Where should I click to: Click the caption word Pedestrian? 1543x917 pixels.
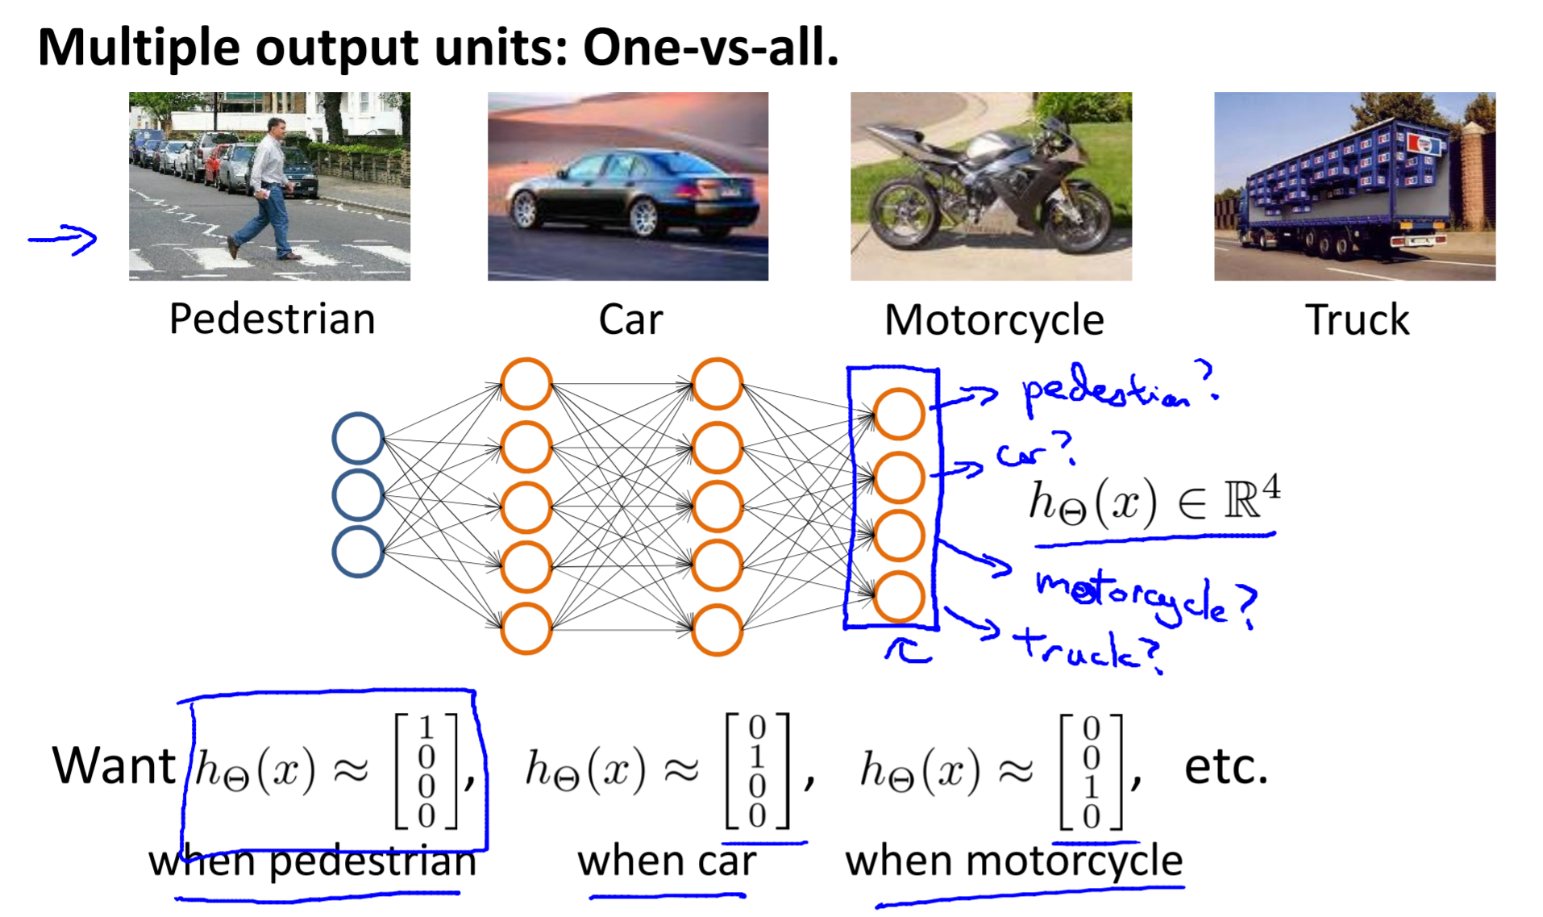[272, 319]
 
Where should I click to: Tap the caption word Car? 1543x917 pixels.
[630, 320]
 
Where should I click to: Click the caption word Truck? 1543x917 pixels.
[1357, 320]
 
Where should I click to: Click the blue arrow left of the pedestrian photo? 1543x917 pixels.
[63, 239]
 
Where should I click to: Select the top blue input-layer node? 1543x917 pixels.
[358, 438]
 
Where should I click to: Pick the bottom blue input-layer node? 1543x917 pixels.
[358, 552]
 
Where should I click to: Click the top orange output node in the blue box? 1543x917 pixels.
[899, 414]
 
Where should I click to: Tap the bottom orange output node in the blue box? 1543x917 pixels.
[899, 597]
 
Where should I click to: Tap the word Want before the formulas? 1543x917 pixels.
[114, 765]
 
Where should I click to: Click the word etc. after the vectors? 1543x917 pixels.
[1225, 767]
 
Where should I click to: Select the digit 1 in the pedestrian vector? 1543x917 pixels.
[426, 728]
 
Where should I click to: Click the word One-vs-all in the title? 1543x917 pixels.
[709, 48]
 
